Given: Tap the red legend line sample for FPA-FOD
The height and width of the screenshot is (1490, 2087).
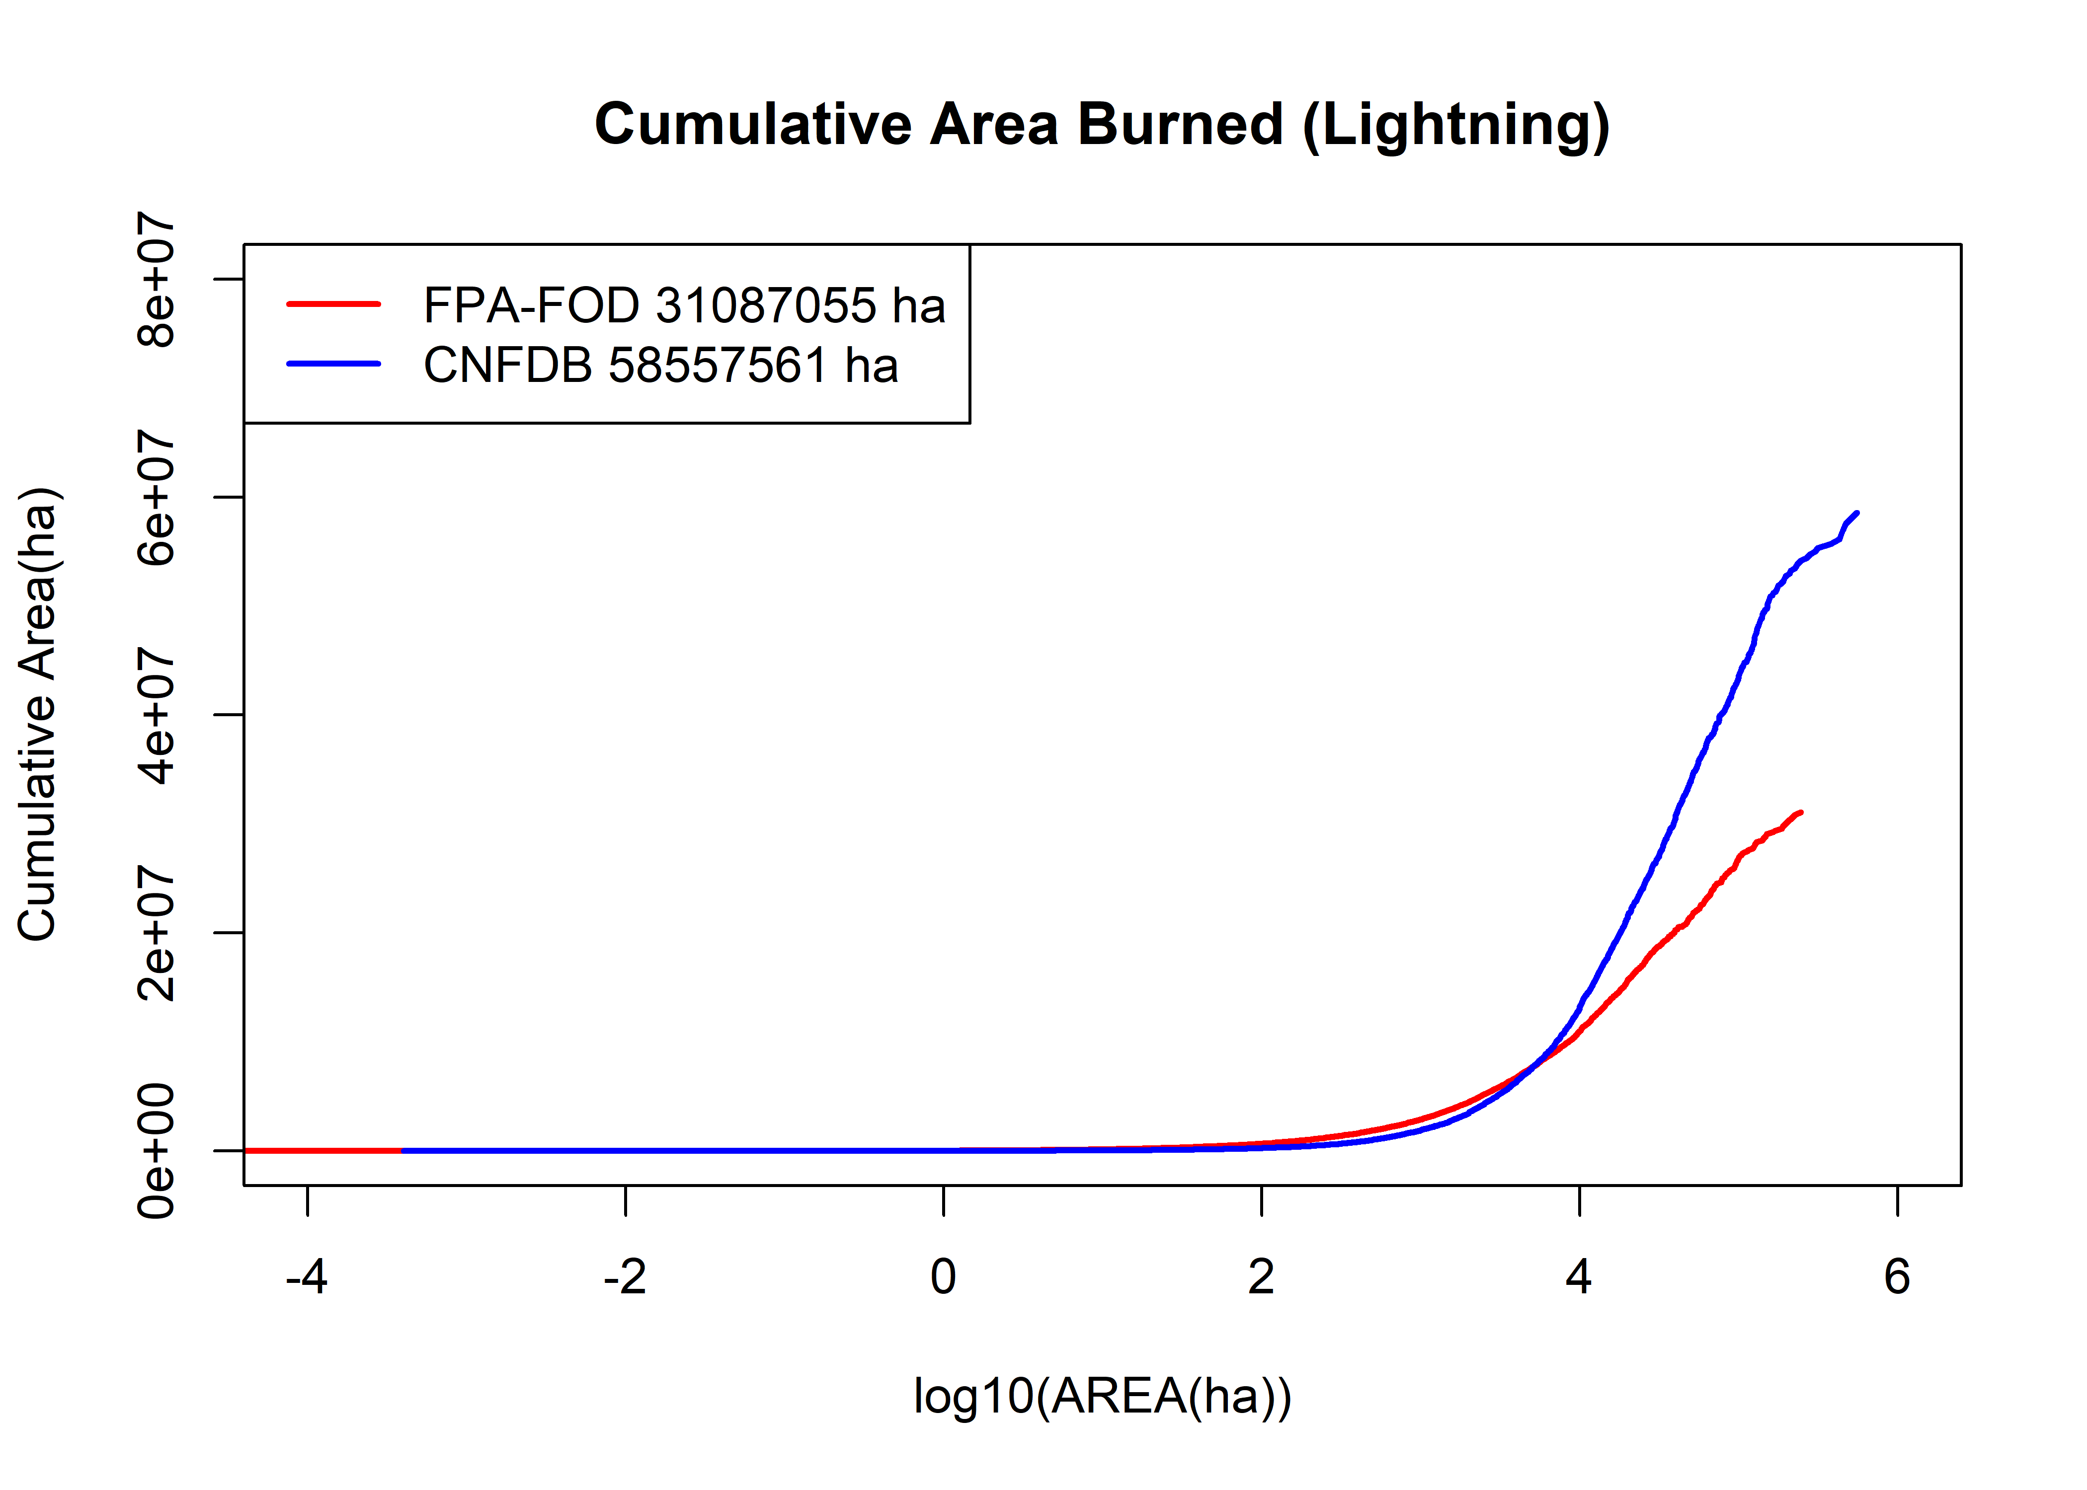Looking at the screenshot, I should point(333,303).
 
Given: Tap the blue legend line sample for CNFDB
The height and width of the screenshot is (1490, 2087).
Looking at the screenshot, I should point(333,364).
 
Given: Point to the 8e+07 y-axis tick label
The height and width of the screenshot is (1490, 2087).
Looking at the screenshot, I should point(156,279).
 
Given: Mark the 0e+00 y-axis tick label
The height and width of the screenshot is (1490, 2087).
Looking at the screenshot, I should point(156,1151).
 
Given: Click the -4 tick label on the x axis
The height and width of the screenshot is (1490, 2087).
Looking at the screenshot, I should point(307,1277).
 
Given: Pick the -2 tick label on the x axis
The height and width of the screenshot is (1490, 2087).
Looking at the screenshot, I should point(625,1277).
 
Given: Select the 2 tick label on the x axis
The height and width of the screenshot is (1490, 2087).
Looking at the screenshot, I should point(1261,1277).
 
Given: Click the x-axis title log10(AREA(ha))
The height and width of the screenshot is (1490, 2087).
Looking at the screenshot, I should point(1102,1397).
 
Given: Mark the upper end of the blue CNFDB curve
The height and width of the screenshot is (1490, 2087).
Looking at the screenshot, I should point(1856,514).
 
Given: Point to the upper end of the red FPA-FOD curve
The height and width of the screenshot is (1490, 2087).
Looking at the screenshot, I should point(1801,812).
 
